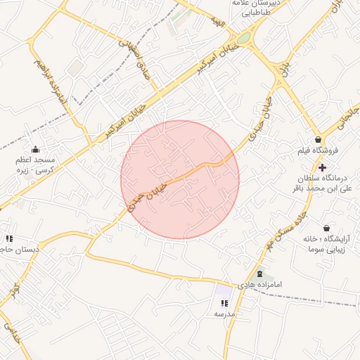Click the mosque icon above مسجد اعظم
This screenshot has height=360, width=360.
35,149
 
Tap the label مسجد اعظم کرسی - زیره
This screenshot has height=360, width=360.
35,165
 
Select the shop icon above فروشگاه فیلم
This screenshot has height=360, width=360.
319,139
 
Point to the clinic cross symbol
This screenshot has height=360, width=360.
322,167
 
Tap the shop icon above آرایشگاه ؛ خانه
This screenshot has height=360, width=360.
326,228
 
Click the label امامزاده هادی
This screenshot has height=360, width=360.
259,285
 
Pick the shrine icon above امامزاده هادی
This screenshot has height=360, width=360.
259,274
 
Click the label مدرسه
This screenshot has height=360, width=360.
224,314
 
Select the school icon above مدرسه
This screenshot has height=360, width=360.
224,303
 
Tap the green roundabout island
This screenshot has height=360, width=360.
243,39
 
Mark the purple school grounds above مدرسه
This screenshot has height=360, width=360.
224,290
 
